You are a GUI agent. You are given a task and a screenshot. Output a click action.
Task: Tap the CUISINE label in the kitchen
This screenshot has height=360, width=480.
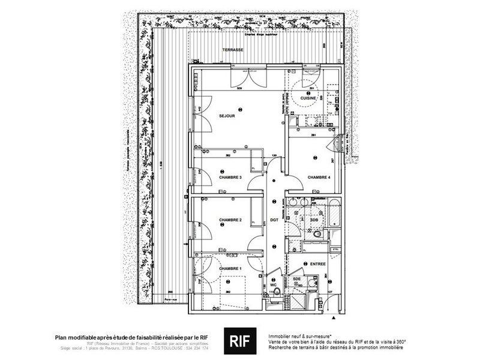coord(309,97)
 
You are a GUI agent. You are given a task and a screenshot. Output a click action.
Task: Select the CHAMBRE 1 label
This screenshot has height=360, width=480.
coord(230,268)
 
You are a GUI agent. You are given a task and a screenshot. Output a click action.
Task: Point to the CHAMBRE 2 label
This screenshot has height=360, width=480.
coord(230,220)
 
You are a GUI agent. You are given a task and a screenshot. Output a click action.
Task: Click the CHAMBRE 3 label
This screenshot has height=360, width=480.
coord(230,177)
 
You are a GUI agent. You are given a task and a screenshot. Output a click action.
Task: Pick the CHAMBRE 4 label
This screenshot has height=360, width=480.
coord(319,178)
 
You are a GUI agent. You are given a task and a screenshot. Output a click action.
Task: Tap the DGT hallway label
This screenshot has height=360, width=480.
coord(274,220)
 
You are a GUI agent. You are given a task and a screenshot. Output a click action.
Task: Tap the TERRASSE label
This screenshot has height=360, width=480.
coord(232,50)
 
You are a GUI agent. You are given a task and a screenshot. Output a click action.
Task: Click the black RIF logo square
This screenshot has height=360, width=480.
coord(238,340)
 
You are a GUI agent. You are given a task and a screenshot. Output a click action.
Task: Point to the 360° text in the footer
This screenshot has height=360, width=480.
coord(400,342)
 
